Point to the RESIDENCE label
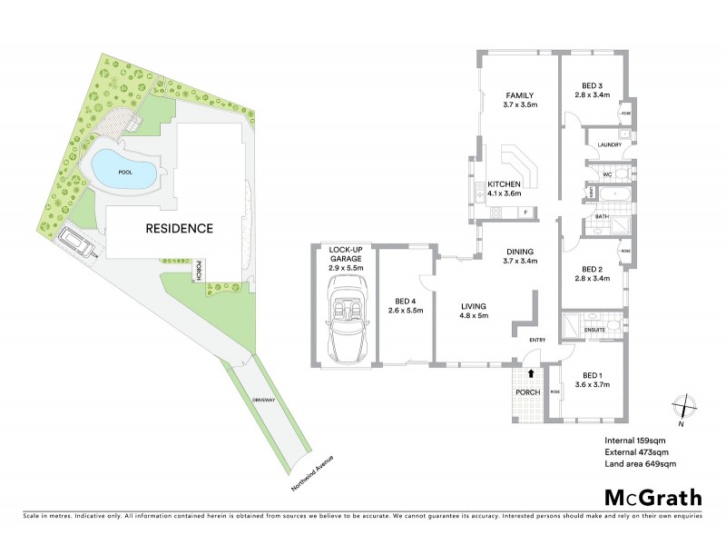[180, 229]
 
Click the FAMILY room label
[520, 95]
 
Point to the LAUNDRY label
[608, 144]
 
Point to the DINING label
[520, 253]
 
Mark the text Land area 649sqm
[641, 464]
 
